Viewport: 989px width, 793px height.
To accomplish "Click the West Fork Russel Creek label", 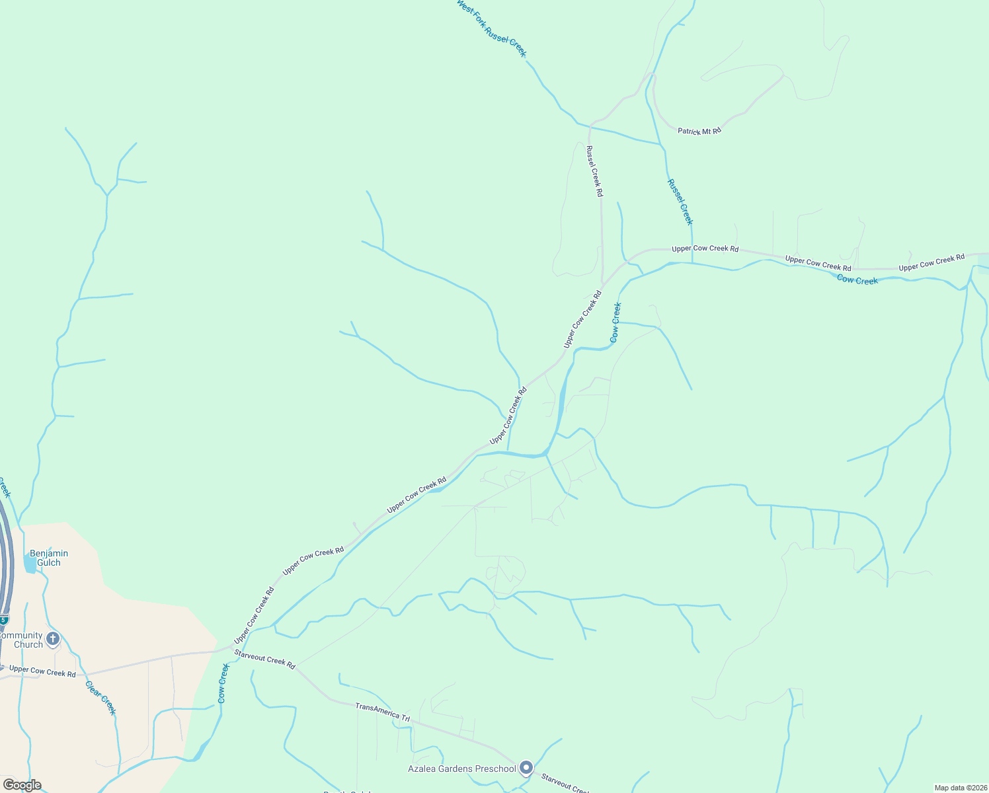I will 491,28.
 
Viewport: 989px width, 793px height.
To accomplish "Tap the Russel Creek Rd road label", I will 595,171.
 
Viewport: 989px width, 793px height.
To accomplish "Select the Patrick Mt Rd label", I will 699,131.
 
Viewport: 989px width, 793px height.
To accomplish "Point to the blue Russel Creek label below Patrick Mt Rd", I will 680,202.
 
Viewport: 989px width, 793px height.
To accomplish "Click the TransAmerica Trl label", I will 382,712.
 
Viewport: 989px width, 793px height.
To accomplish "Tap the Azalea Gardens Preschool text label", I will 461,769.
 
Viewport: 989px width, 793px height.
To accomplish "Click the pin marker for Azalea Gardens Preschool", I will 526,767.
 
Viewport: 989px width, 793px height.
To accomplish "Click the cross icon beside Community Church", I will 53,639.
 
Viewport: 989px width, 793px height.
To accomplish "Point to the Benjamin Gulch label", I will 49,558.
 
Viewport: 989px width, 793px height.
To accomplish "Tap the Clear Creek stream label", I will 100,697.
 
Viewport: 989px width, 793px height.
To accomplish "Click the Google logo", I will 22,785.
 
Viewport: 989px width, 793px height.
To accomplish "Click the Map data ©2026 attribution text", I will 960,788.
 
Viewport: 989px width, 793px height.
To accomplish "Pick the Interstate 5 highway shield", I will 3,620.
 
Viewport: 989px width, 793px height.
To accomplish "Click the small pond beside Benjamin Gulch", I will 30,564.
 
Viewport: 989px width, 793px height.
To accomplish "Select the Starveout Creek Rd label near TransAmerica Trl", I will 264,659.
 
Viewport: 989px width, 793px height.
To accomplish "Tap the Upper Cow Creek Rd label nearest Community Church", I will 42,672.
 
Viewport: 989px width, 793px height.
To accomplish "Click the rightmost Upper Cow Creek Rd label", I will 931,262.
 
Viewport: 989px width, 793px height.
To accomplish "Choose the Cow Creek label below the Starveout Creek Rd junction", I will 223,683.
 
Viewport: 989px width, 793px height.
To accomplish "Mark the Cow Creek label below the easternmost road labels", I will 857,280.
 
